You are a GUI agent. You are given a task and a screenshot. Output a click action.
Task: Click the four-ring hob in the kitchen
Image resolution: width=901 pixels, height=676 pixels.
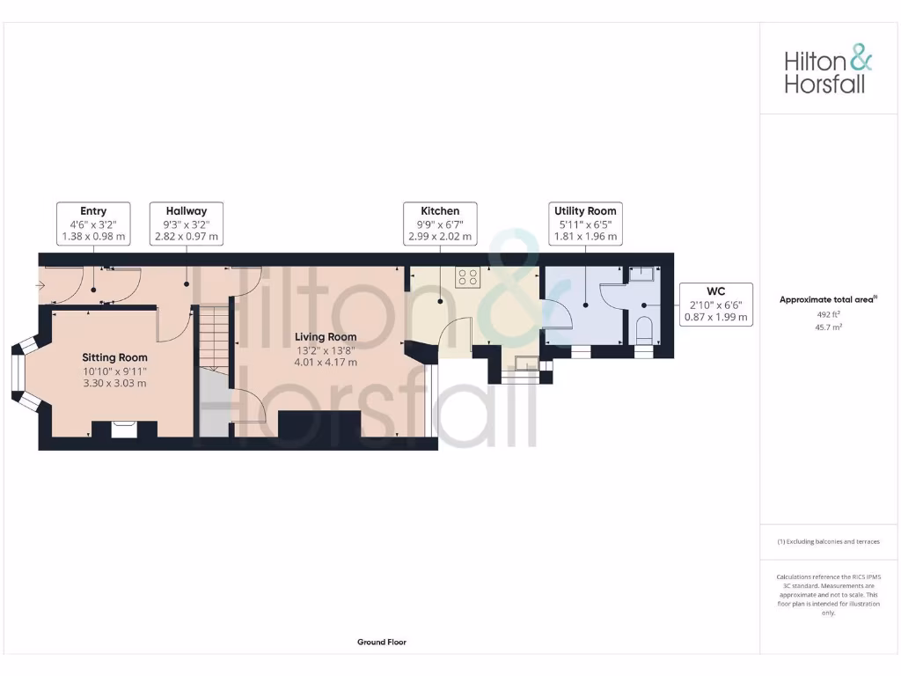click(468, 276)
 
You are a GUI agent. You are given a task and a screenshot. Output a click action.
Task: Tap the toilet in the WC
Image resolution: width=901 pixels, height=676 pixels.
click(643, 332)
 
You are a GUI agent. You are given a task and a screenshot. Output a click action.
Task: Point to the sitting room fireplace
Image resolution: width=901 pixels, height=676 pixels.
click(123, 429)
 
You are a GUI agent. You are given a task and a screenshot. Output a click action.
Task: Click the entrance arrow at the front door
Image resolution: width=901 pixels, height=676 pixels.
click(40, 285)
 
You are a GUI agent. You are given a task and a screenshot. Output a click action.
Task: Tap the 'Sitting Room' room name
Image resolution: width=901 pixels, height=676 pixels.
click(114, 357)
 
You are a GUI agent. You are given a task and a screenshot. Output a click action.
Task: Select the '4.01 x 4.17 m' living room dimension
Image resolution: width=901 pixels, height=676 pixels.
click(326, 362)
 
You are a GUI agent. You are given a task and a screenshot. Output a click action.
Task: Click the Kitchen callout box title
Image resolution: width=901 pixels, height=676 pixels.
click(440, 211)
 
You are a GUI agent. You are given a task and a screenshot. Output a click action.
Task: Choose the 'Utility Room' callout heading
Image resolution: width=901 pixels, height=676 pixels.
click(585, 211)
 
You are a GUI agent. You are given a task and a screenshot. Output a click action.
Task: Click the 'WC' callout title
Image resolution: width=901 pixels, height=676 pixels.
click(715, 291)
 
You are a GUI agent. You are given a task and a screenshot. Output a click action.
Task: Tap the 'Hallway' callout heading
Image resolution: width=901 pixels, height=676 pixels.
click(186, 211)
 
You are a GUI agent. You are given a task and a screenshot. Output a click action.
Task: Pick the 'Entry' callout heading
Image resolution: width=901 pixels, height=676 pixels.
click(93, 211)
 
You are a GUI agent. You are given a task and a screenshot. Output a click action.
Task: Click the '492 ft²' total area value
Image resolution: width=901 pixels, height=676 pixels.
click(828, 313)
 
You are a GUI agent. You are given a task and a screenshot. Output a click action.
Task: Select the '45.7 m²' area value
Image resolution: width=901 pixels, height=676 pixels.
click(828, 327)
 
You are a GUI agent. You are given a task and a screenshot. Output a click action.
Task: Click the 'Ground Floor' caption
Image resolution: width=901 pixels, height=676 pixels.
click(382, 643)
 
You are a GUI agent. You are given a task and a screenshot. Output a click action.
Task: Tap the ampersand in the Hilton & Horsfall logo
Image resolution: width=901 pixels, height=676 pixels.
click(861, 60)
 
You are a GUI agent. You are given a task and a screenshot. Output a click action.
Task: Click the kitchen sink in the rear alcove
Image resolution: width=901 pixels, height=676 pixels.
click(527, 363)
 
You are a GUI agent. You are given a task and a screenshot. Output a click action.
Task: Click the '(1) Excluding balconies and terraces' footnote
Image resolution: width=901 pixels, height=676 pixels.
click(828, 542)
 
